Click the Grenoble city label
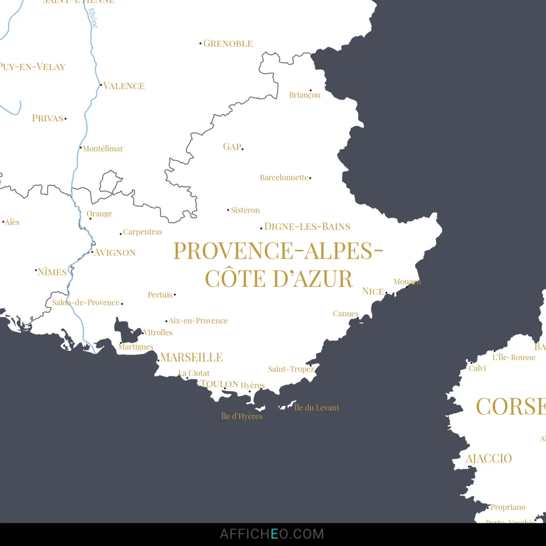click(x=228, y=44)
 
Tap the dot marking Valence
click(x=101, y=84)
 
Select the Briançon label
click(x=304, y=95)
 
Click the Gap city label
click(x=232, y=147)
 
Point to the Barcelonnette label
click(x=284, y=178)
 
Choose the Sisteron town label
click(x=245, y=210)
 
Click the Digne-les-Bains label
click(x=307, y=227)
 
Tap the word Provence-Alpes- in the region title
click(x=278, y=251)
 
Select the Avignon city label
click(x=115, y=253)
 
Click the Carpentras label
click(x=142, y=232)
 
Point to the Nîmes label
click(x=52, y=272)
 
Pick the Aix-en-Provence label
click(x=198, y=321)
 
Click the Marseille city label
click(x=191, y=357)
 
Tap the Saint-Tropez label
click(x=291, y=369)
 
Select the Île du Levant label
click(x=316, y=408)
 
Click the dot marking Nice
click(x=386, y=292)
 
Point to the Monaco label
click(x=406, y=282)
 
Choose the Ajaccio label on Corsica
click(x=488, y=459)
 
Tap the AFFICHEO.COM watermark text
click(x=272, y=534)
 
